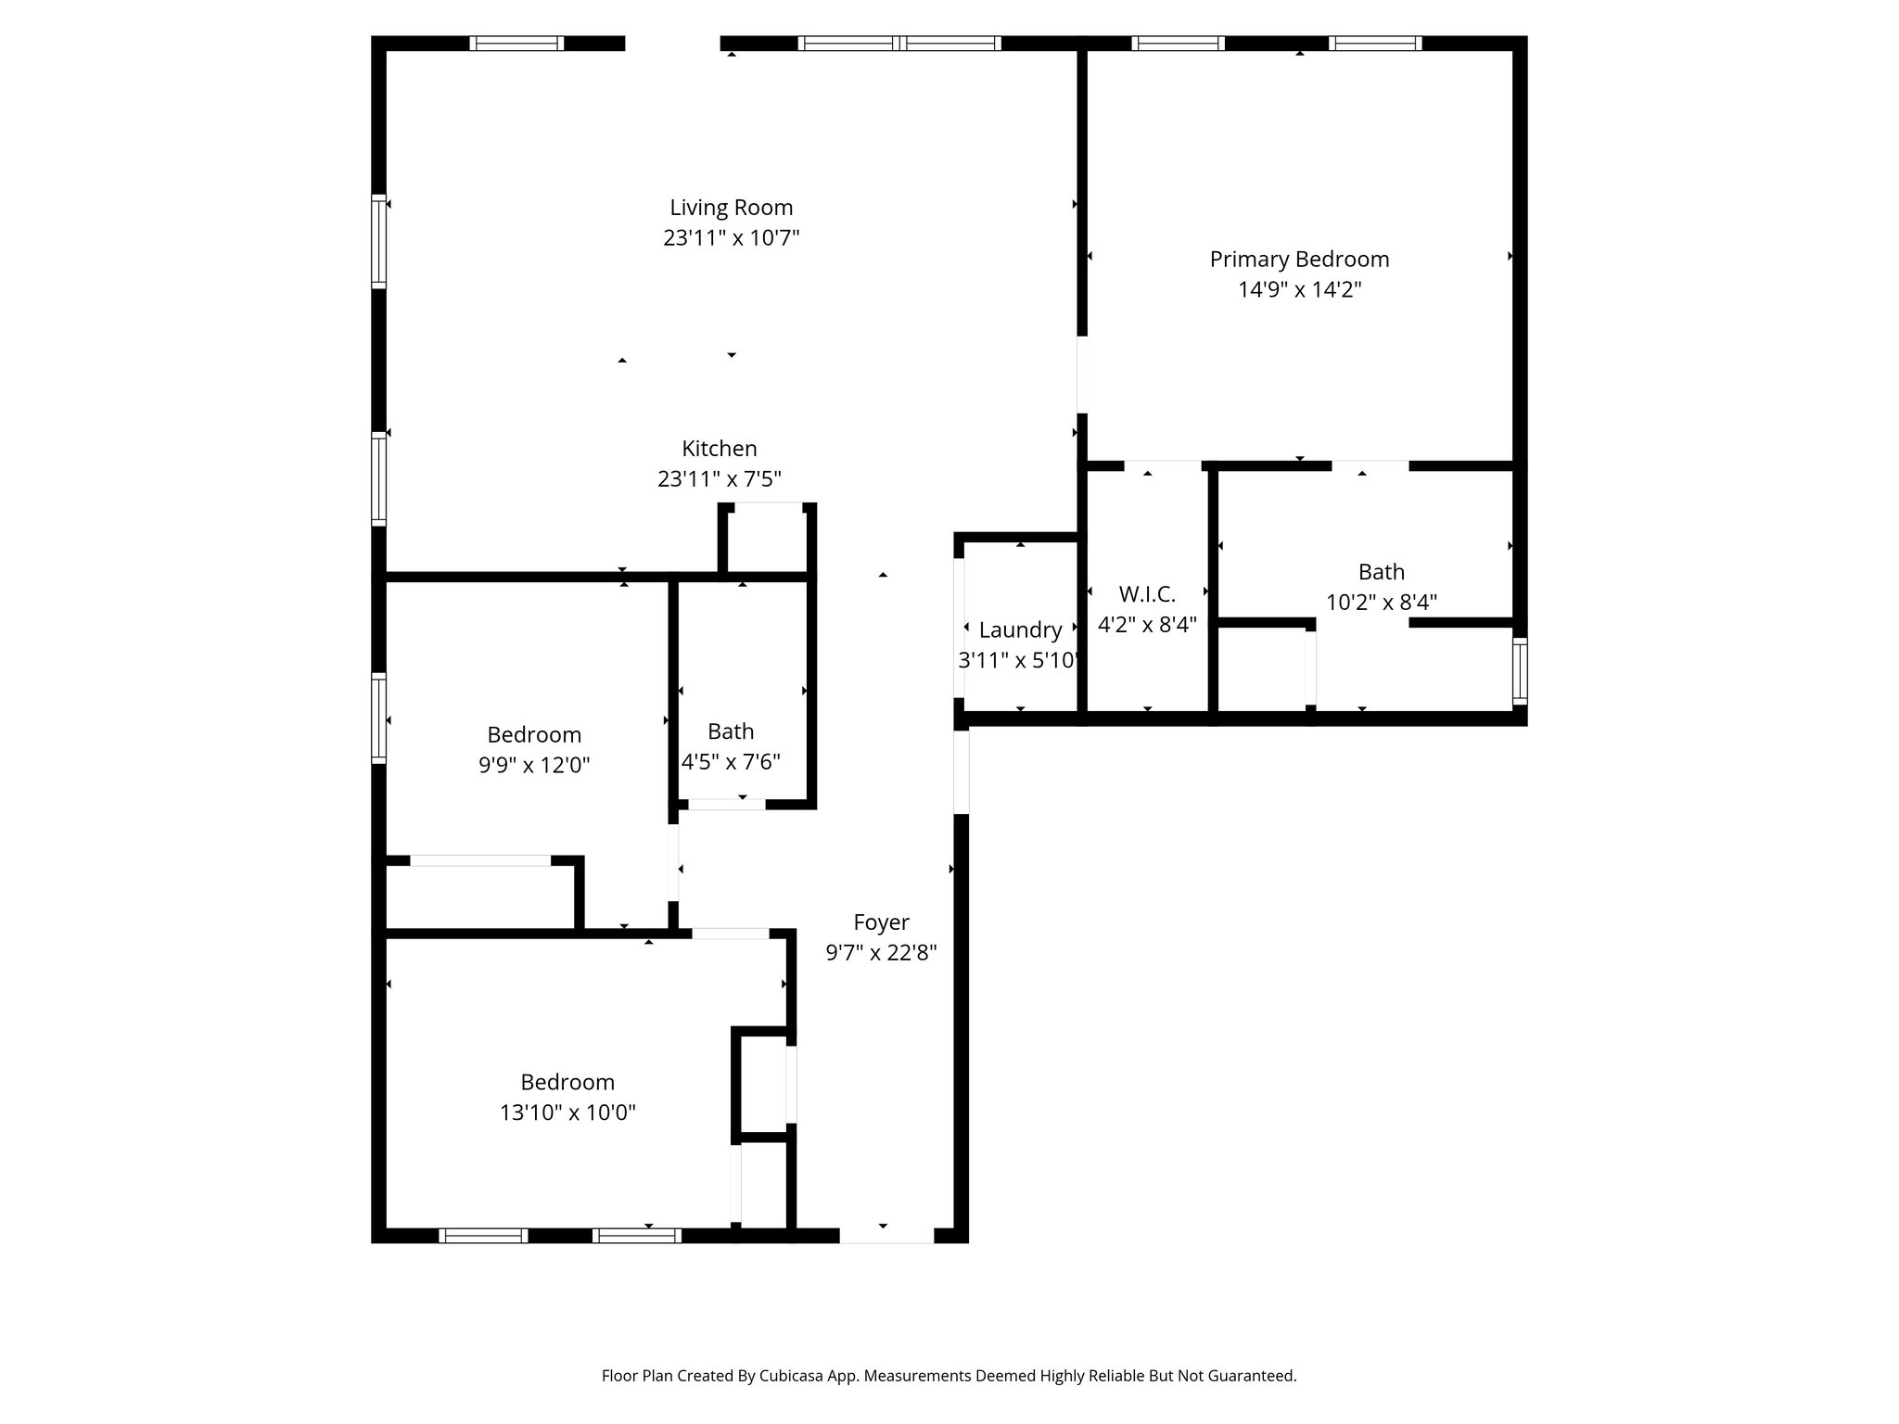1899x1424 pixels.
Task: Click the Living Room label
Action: [x=731, y=208]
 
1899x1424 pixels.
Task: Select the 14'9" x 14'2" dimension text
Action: [x=1299, y=290]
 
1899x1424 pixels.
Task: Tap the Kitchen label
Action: [x=720, y=449]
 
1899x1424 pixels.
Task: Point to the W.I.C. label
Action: [x=1147, y=594]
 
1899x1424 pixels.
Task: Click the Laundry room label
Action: [x=1020, y=630]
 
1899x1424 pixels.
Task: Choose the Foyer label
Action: [x=881, y=922]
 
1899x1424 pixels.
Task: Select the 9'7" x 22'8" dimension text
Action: [x=881, y=953]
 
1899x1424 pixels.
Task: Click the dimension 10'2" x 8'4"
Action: [x=1381, y=603]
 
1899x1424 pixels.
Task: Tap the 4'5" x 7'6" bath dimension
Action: [x=731, y=762]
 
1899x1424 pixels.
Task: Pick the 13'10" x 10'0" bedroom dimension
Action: [x=567, y=1112]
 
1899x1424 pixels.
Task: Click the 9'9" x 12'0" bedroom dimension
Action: [x=534, y=766]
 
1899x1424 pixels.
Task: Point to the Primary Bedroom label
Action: [x=1299, y=260]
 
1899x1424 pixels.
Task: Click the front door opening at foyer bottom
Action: [x=886, y=1235]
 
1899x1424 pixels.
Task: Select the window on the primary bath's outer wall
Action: [x=1519, y=670]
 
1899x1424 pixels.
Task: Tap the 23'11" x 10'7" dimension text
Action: [x=731, y=238]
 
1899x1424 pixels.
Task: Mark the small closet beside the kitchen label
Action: [x=766, y=541]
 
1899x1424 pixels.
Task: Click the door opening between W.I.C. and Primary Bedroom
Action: [x=1162, y=464]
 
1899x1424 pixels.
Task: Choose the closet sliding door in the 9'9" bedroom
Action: [x=480, y=860]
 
